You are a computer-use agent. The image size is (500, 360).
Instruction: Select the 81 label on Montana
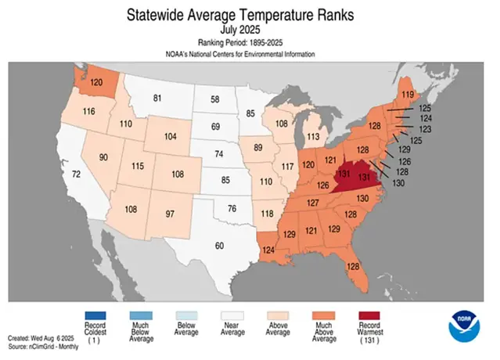pyautogui.click(x=157, y=98)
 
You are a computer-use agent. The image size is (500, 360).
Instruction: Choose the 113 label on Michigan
pyautogui.click(x=313, y=135)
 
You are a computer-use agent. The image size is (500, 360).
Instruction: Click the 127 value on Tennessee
pyautogui.click(x=313, y=203)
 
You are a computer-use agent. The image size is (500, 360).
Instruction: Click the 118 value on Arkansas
pyautogui.click(x=268, y=214)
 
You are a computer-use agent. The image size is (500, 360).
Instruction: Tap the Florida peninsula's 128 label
pyautogui.click(x=353, y=266)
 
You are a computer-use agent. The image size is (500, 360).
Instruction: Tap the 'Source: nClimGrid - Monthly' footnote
pyautogui.click(x=45, y=345)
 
